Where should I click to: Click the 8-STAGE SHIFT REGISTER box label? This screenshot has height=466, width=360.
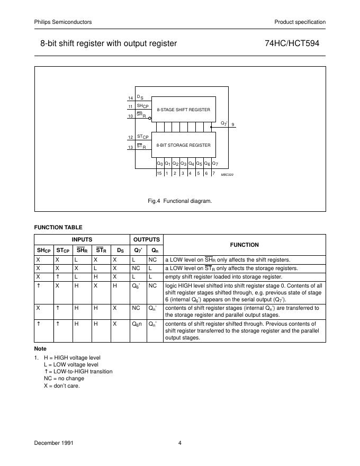[184, 110]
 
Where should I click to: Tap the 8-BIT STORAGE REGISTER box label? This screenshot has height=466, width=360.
[184, 145]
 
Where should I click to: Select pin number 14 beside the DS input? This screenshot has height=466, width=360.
[130, 98]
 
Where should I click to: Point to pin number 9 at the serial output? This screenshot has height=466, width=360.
[233, 124]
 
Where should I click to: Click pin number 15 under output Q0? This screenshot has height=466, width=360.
[159, 173]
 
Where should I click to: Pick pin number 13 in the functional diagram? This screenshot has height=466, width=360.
[130, 147]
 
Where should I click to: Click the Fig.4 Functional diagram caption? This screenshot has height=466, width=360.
[180, 201]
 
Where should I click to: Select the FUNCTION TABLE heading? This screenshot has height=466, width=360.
[58, 227]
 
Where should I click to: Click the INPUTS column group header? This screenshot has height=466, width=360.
[82, 239]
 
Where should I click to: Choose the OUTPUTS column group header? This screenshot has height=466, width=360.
[146, 239]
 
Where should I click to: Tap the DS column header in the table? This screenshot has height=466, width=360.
[120, 250]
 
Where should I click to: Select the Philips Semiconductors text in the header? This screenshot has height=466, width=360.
[63, 22]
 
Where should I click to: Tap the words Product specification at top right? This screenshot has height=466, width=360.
[300, 22]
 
